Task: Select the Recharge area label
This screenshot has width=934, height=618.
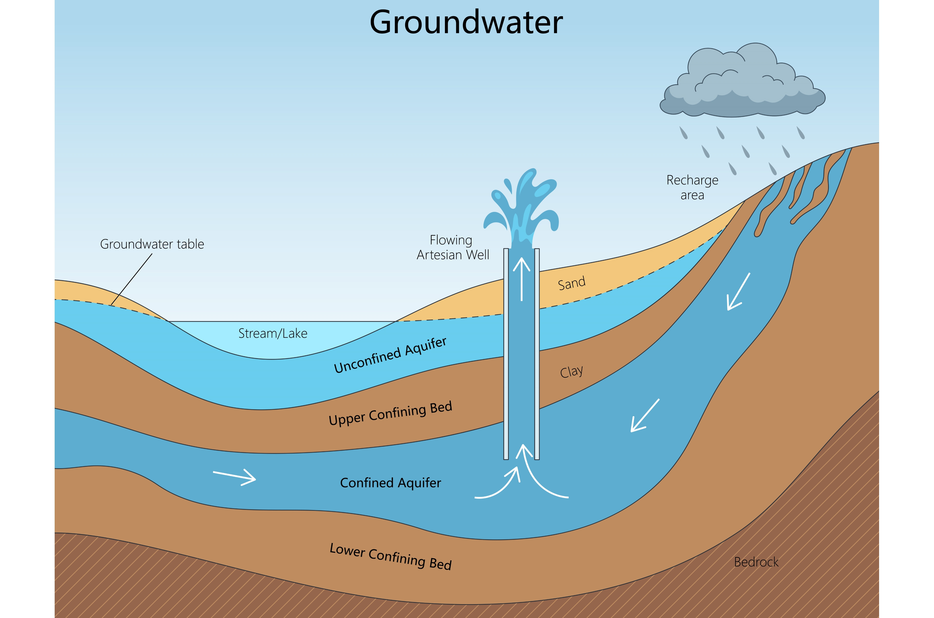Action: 692,187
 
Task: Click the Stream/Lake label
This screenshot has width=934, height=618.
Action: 273,333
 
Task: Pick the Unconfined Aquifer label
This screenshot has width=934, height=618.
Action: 390,355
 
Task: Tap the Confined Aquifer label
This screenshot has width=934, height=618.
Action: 390,483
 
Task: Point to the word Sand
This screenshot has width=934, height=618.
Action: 572,283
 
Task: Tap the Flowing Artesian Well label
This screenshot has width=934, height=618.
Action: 453,247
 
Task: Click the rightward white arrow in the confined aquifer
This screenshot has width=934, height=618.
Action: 235,477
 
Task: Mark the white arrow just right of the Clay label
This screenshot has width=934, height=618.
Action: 645,416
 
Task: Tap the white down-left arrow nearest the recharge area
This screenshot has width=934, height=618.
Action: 738,292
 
